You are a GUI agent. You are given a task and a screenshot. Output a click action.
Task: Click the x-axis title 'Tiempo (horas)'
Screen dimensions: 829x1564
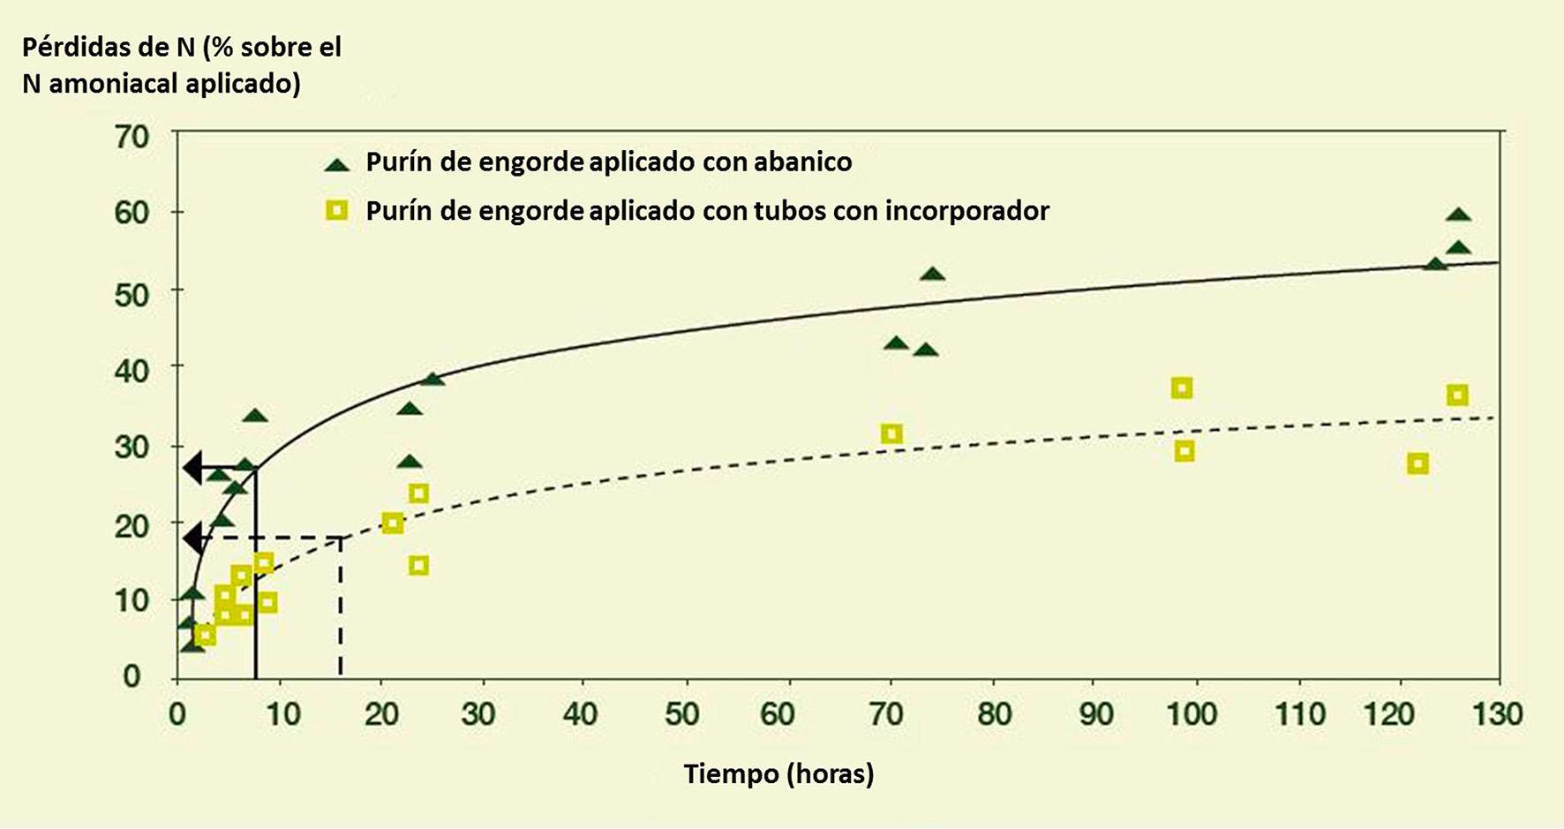(778, 774)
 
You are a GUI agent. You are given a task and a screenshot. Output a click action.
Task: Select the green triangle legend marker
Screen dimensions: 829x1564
(337, 164)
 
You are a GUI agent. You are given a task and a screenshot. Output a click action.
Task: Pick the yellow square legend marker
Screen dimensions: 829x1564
(337, 210)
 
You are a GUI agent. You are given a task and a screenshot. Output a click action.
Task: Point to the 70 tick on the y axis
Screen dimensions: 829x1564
(132, 137)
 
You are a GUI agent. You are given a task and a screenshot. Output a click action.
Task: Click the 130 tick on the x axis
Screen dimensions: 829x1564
(1498, 713)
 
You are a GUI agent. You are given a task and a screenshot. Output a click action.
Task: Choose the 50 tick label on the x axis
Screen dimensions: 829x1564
(681, 713)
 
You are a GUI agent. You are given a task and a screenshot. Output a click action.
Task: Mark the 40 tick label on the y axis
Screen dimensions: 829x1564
(132, 367)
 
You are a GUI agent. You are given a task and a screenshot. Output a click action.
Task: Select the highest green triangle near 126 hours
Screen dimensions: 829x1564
(1458, 215)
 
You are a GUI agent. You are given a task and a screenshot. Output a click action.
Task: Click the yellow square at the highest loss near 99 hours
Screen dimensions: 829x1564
(1182, 388)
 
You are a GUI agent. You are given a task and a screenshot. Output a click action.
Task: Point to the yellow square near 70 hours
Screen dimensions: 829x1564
(891, 433)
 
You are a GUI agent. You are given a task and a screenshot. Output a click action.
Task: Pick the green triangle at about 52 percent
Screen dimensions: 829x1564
(932, 275)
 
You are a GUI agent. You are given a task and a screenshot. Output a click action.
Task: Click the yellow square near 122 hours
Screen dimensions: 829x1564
(1417, 463)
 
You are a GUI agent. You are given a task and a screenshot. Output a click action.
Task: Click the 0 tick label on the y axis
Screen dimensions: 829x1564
(132, 676)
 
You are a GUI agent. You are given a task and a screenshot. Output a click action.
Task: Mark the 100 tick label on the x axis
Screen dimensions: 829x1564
(1192, 713)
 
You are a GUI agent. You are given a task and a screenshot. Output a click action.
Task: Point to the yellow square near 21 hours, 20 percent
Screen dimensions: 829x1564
(393, 524)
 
